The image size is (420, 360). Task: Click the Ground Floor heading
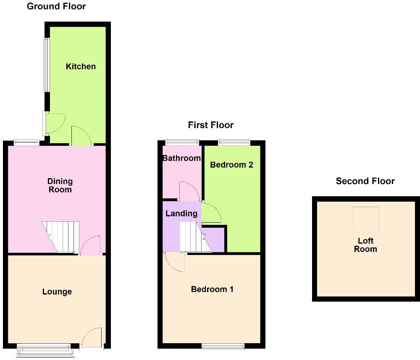(56, 6)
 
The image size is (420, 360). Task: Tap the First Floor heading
(210, 125)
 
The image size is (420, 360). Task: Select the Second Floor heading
(365, 181)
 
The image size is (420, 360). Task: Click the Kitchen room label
(81, 66)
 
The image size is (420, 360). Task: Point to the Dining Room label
(60, 185)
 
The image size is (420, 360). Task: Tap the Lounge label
(57, 292)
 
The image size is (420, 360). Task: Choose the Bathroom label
(181, 158)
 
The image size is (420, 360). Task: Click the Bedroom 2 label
(231, 165)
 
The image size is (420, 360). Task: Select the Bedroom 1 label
(212, 289)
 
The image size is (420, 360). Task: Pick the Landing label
(181, 213)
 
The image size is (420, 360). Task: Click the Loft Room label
(365, 245)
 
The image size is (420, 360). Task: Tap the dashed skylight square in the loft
(366, 219)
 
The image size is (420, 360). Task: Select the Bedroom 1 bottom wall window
(223, 347)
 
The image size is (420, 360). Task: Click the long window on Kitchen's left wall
(47, 65)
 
